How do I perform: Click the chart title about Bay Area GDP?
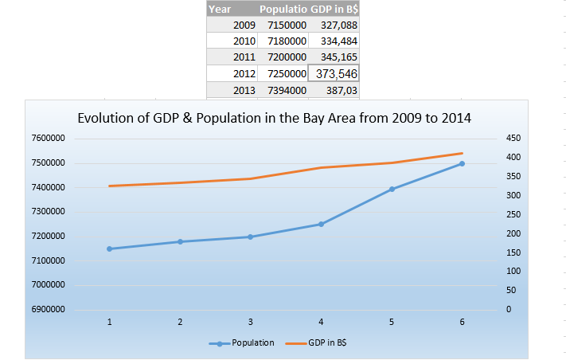tap(274, 118)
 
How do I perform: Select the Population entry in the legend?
tap(241, 342)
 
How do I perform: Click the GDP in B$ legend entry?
tap(316, 342)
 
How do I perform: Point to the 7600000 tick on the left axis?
tap(49, 138)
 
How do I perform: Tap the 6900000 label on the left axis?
tap(49, 309)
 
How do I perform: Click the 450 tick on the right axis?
tap(513, 138)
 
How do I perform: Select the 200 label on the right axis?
tap(513, 233)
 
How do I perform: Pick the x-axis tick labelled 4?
tap(321, 322)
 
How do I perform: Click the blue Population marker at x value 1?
tap(109, 248)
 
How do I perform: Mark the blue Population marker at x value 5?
tap(392, 189)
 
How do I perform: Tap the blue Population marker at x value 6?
tap(462, 163)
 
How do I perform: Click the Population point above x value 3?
tap(251, 237)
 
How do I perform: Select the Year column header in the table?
tap(220, 9)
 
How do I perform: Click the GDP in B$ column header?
tap(334, 9)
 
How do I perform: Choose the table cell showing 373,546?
tap(334, 73)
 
